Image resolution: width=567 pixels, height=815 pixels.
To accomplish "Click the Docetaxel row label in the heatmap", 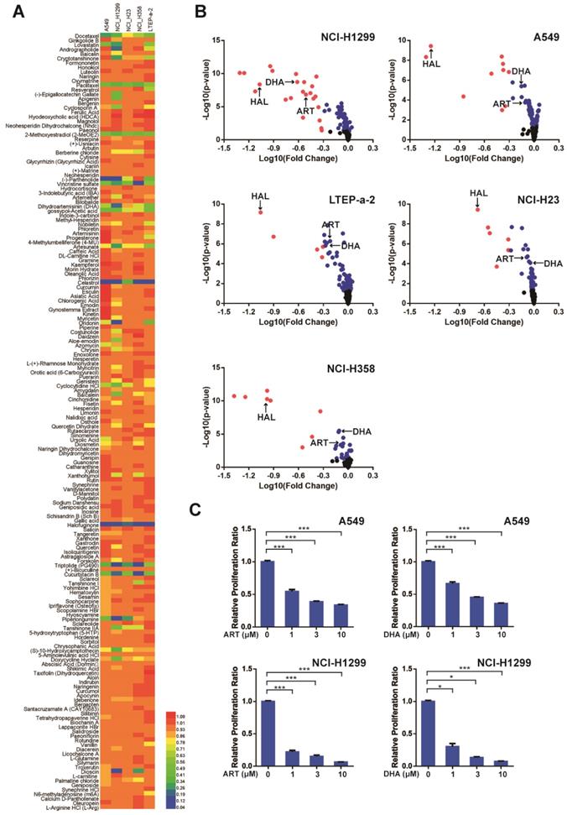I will [x=86, y=36].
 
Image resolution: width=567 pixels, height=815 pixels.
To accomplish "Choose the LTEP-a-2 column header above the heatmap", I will [x=153, y=19].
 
